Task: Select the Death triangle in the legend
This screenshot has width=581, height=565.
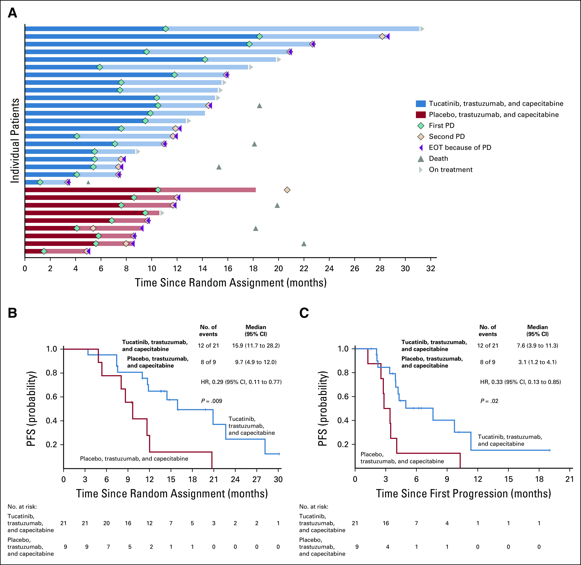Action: tap(421, 159)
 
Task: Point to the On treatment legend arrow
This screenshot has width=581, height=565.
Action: tap(421, 170)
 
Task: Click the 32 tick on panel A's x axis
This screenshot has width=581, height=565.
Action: tap(430, 269)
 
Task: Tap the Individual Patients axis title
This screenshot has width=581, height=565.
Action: tap(15, 140)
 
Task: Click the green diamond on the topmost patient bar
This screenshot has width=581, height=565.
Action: tap(166, 29)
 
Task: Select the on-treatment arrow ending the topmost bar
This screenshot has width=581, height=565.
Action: tap(422, 29)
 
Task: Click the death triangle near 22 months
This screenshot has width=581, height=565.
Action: tap(304, 244)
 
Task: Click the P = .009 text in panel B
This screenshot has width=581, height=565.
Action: tap(211, 401)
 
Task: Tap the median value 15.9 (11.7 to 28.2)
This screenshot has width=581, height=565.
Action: tap(256, 345)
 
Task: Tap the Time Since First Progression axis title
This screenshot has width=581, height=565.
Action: tap(463, 493)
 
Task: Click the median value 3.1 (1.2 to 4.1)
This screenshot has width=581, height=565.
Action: tap(537, 362)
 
